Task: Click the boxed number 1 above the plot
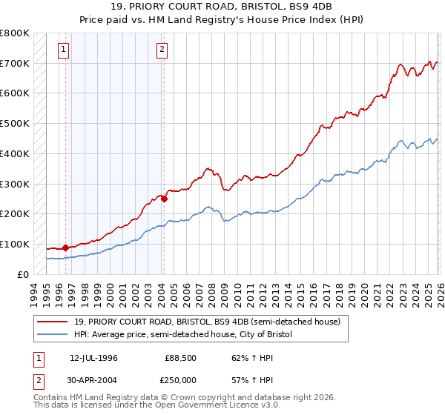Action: point(65,50)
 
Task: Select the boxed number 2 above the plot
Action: point(162,50)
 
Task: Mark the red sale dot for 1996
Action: point(65,248)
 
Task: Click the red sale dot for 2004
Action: point(164,199)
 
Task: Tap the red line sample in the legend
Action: point(55,322)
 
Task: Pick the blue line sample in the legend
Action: point(55,335)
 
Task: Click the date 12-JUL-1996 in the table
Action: point(93,357)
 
